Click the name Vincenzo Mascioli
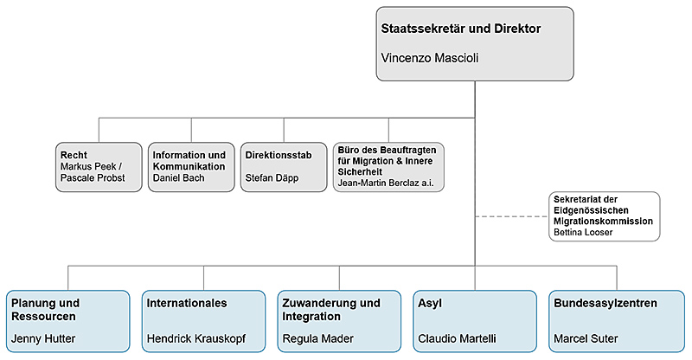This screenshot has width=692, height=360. point(430,58)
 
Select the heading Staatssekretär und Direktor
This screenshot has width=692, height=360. point(461,29)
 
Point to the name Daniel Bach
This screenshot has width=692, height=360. point(178,177)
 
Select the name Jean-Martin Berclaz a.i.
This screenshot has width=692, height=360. point(384,183)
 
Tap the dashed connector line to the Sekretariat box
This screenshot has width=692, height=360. point(511,216)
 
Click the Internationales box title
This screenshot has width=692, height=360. point(187,304)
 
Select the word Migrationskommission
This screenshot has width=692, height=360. point(602,222)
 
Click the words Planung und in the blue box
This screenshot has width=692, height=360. point(46,304)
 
